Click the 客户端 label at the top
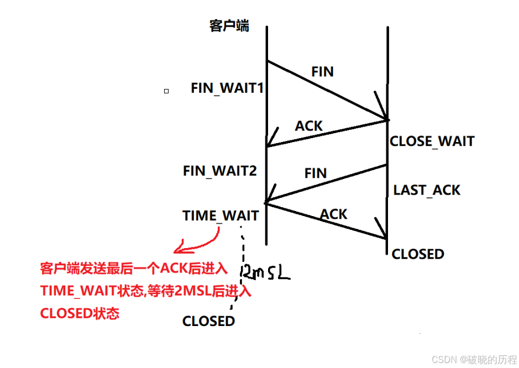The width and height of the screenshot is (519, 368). pos(229,26)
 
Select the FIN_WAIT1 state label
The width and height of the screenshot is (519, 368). pos(227,88)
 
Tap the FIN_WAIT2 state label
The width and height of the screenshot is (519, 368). pos(219,171)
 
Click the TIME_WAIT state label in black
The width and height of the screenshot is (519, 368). pos(221,216)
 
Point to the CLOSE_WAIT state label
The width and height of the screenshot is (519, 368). pos(432,141)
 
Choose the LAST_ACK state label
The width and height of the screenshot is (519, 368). pos(427,191)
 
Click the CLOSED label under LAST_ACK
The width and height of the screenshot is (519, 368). pos(418,254)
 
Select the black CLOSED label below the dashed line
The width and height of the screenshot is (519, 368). pos(208,321)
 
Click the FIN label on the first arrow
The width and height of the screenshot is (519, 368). pos(322,72)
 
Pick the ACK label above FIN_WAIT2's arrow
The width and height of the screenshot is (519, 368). pos(308,126)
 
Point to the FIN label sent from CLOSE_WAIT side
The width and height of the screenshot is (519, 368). pos(316,173)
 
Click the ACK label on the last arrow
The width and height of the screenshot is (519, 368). pos(334,214)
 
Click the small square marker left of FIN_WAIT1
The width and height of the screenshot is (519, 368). pos(166,91)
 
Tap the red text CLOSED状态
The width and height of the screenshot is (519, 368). pos(80,313)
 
